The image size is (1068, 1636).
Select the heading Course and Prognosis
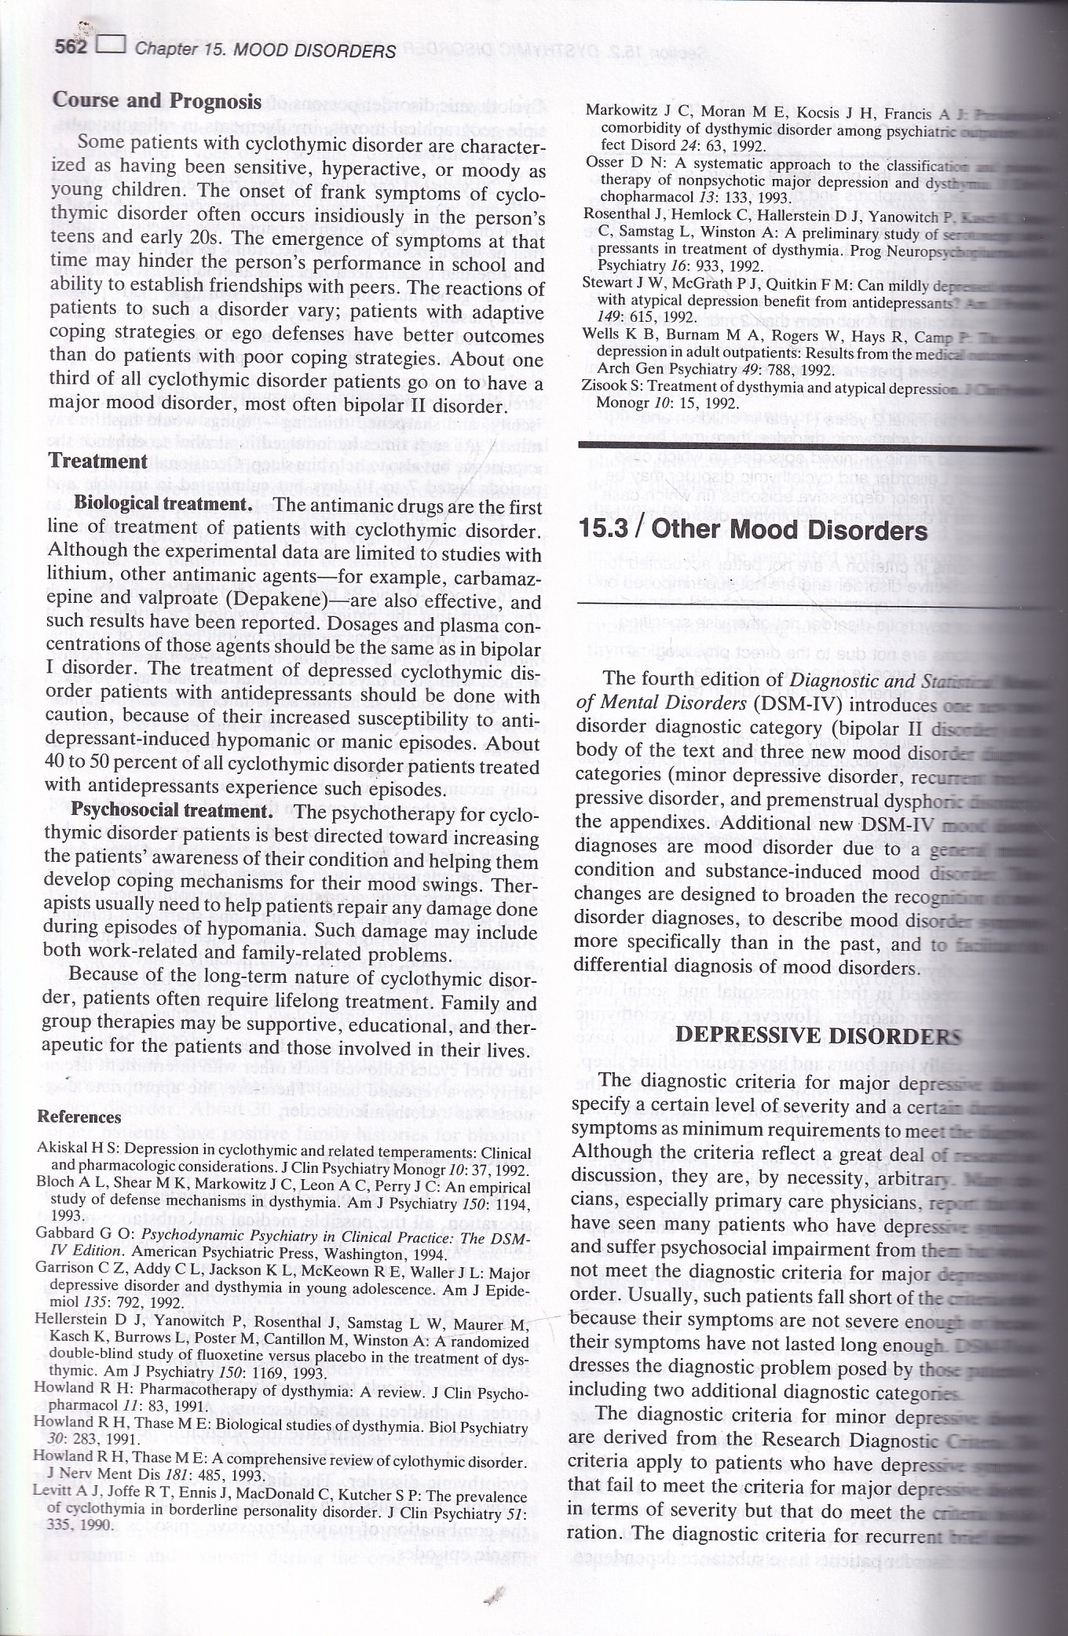(x=156, y=100)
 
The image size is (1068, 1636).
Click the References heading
(x=79, y=1116)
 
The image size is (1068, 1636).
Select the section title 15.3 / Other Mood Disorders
(x=752, y=530)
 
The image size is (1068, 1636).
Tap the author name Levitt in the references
(x=52, y=1490)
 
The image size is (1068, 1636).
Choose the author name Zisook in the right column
(x=600, y=385)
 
